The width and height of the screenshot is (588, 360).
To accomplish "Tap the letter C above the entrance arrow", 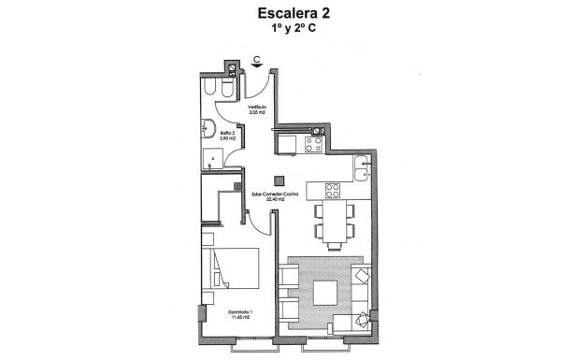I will point(256,58).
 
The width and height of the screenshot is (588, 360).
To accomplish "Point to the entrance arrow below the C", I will point(256,67).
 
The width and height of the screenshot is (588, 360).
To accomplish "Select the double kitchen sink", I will point(364,169).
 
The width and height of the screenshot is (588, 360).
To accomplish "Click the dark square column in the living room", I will point(277,180).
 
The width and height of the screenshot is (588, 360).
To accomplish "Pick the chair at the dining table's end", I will point(332,241).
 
